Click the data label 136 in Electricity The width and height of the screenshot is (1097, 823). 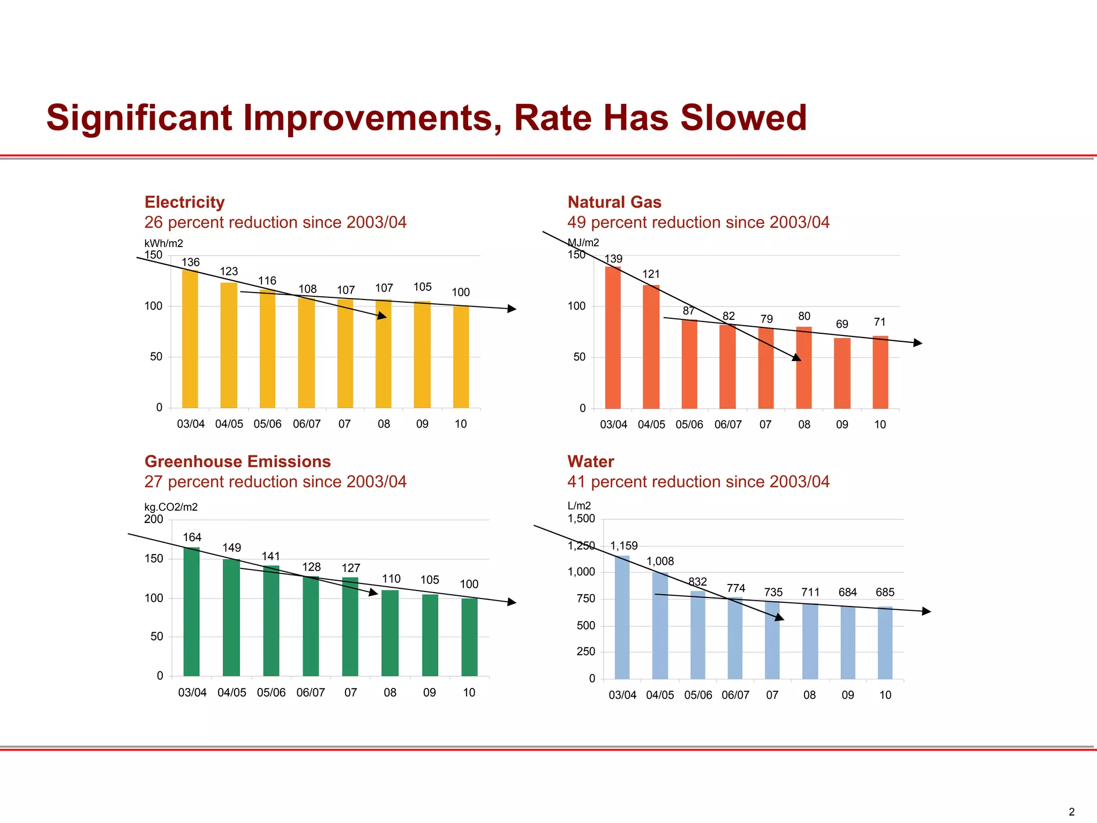point(191,262)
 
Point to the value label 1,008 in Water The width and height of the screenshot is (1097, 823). point(660,561)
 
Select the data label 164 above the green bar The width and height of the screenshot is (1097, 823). point(192,537)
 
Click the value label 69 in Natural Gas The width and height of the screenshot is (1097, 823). point(842,324)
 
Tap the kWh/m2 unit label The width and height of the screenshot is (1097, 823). point(164,243)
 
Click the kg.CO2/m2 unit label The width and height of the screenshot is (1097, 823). point(171,507)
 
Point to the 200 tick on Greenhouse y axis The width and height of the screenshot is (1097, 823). point(154,519)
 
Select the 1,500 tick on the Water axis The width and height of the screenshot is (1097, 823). point(581,518)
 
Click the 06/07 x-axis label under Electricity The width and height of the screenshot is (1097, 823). point(306,424)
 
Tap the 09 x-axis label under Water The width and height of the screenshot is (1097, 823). point(847,695)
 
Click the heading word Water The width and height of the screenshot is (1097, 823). point(590,461)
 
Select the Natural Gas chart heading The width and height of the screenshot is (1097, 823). point(614,202)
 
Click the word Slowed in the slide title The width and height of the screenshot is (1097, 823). point(743,118)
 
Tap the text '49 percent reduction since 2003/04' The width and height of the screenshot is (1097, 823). point(698,222)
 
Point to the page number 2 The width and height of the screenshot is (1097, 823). point(1071,812)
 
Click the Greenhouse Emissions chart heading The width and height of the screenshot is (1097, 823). point(237,461)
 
